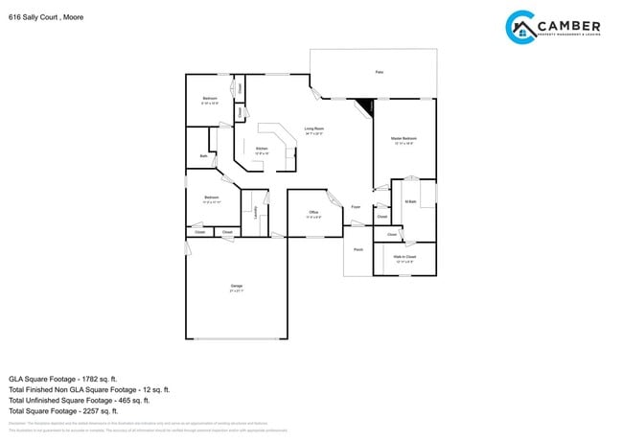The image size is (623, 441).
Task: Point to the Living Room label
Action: point(313,129)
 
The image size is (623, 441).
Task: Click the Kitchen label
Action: point(262,149)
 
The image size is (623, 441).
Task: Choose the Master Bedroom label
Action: point(404,140)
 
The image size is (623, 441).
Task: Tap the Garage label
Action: point(236,286)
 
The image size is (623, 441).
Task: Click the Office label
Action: point(313,212)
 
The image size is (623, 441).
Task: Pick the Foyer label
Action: point(355,207)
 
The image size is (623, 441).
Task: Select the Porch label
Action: point(358,249)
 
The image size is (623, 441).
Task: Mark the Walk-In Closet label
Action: point(404,256)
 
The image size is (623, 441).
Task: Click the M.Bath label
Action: point(410,201)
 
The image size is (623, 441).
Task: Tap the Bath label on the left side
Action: point(203,155)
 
